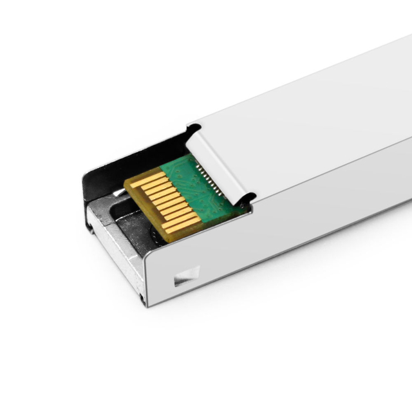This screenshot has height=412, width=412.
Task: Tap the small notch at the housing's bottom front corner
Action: pyautogui.click(x=142, y=298)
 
